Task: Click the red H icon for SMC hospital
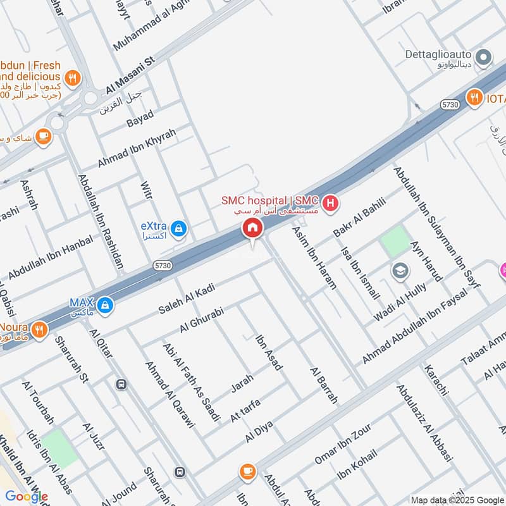330,204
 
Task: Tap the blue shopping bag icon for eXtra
179,227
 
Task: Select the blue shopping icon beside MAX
106,305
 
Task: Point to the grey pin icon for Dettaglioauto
484,59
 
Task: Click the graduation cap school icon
400,271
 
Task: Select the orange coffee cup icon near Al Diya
247,471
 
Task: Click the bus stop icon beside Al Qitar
121,384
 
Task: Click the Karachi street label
436,377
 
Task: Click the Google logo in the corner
27,497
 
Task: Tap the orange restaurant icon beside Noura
40,330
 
